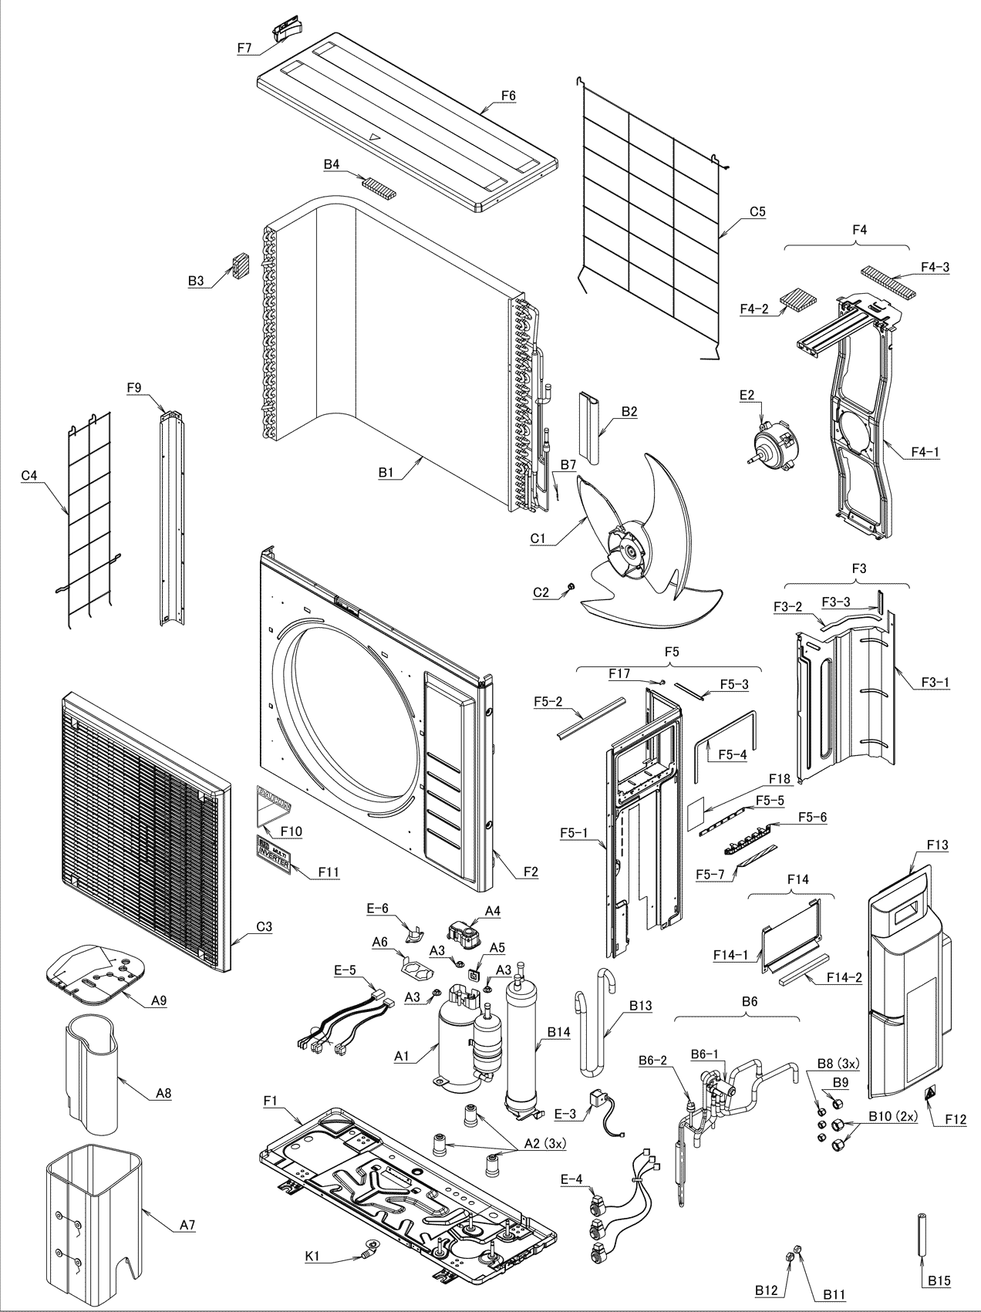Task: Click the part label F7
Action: (244, 48)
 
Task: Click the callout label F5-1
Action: (575, 833)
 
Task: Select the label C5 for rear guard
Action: (757, 211)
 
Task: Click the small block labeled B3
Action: (241, 266)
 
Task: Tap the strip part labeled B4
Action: (379, 187)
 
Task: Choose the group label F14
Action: (797, 879)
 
